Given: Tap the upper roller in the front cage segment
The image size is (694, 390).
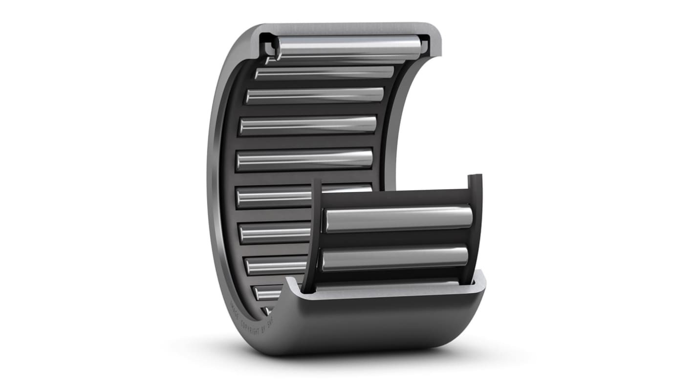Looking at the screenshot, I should (x=398, y=219).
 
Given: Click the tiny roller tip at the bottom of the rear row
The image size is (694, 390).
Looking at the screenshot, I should (x=267, y=311).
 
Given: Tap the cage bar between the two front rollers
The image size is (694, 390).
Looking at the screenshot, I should (x=396, y=239).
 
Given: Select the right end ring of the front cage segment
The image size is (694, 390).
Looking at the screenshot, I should (x=476, y=225).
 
